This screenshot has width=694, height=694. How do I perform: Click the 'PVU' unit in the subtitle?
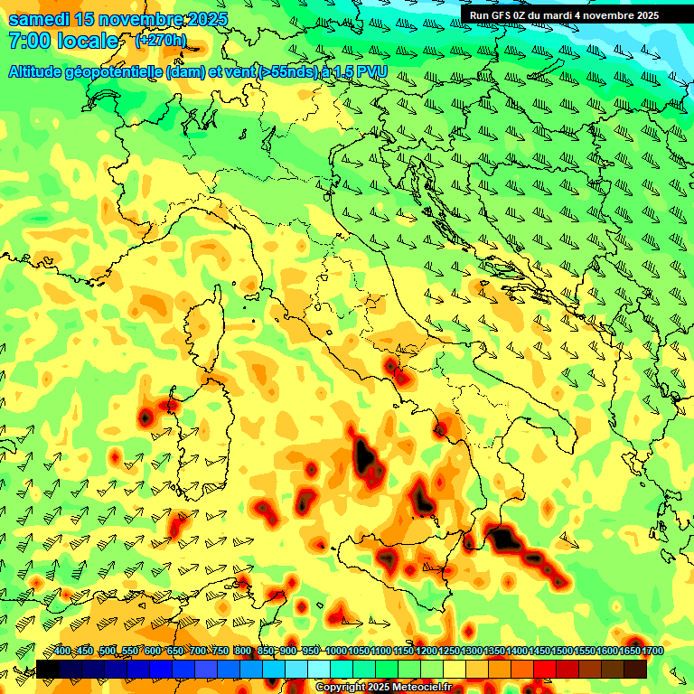(x=371, y=71)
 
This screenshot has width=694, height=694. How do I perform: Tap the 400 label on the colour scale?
(x=62, y=652)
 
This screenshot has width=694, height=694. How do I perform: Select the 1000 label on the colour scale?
(x=336, y=652)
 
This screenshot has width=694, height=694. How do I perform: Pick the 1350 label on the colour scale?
(x=495, y=652)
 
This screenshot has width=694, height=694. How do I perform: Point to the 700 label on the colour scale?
(x=199, y=652)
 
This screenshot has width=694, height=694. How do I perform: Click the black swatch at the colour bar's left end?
(x=47, y=669)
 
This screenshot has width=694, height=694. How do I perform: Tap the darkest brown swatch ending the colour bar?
(x=635, y=669)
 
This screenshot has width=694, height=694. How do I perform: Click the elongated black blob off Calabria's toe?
(x=504, y=539)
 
